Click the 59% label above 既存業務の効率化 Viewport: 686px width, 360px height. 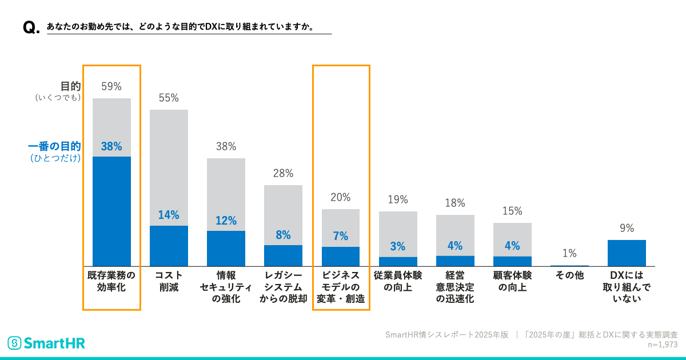click(x=111, y=87)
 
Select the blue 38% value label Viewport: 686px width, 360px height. click(x=111, y=146)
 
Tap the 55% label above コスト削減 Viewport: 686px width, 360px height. click(x=169, y=98)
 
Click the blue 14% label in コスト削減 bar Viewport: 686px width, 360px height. click(x=169, y=215)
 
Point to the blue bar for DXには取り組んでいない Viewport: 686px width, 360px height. click(x=627, y=253)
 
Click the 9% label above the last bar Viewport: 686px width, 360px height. click(x=627, y=229)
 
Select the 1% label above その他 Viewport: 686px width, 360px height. click(x=569, y=254)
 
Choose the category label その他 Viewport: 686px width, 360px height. click(x=569, y=275)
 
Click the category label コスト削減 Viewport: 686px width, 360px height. click(x=169, y=281)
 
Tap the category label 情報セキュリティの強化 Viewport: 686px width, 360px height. click(x=226, y=287)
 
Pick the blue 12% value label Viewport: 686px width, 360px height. click(x=226, y=221)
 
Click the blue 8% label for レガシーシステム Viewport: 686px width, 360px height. click(x=283, y=235)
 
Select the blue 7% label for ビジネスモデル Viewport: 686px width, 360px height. click(x=341, y=237)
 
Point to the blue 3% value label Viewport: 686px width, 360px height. click(x=398, y=247)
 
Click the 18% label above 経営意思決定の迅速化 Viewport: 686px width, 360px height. click(x=455, y=203)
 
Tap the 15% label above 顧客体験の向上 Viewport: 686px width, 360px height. click(x=512, y=211)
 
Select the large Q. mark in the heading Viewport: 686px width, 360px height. click(x=31, y=28)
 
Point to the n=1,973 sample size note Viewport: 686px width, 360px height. click(x=662, y=345)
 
